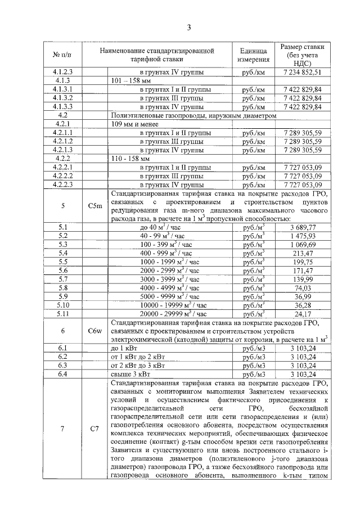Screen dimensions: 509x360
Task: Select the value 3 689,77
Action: click(306, 227)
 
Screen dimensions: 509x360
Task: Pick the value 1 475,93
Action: click(306, 235)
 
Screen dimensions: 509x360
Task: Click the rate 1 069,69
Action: click(306, 244)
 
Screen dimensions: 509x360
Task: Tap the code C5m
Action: click(95, 206)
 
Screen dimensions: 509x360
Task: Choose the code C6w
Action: click(95, 331)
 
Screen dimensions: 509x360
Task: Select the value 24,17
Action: click(306, 313)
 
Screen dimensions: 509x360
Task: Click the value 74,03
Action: click(306, 287)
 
